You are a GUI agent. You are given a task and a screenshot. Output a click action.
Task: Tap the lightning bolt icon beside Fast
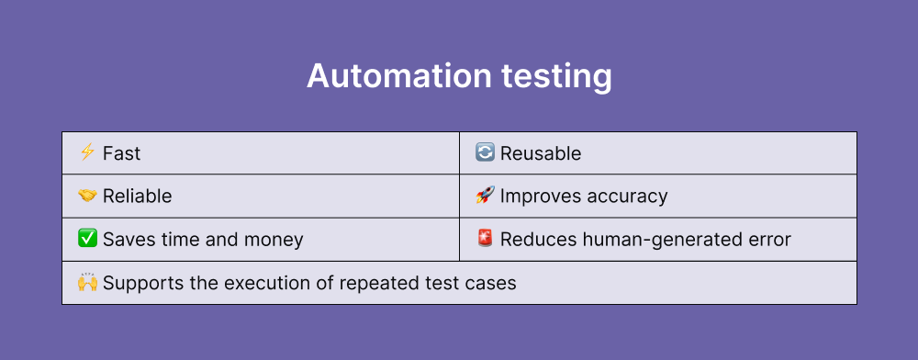tap(87, 152)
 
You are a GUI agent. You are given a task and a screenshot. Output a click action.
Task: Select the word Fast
tap(121, 153)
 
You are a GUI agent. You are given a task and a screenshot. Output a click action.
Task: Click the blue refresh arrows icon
tap(485, 152)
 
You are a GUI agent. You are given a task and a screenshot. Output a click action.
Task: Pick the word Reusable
tap(541, 153)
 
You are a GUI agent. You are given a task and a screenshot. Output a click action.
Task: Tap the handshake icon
tap(87, 196)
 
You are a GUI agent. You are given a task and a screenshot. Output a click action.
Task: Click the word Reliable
tap(137, 197)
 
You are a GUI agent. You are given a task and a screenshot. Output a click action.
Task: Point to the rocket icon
tap(485, 196)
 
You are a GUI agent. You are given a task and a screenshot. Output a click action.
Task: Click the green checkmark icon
tap(87, 239)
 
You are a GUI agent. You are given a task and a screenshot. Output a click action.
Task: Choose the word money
tap(273, 240)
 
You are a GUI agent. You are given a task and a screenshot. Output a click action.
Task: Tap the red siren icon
tap(485, 239)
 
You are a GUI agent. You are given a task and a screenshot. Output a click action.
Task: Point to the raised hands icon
tap(87, 282)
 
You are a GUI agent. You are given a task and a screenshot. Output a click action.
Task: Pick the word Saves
tap(128, 240)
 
